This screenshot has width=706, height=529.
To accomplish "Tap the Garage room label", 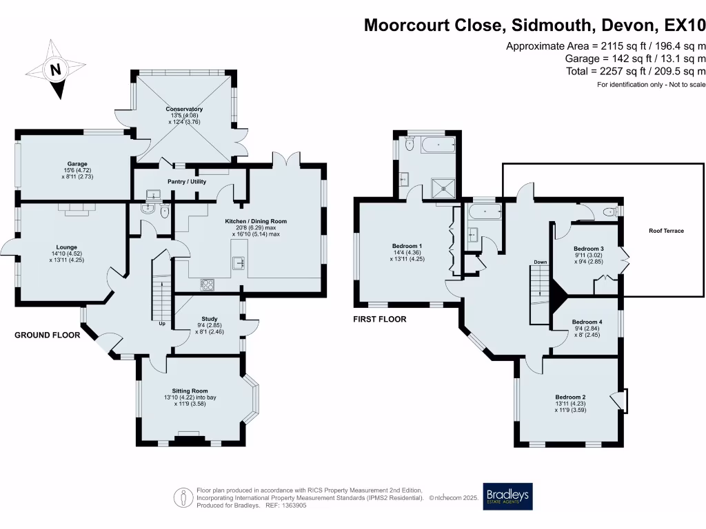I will click(x=77, y=164).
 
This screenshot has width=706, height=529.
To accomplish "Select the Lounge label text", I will click(x=67, y=247).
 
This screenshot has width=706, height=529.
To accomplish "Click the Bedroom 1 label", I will click(x=407, y=246).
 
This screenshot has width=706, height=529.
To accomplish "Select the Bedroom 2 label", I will click(x=570, y=397).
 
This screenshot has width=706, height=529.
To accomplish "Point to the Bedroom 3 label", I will click(x=588, y=249).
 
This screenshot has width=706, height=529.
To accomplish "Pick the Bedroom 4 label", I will click(x=587, y=322).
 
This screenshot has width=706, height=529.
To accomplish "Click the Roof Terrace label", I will click(x=666, y=231).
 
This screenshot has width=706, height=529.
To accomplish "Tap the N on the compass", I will click(x=53, y=69).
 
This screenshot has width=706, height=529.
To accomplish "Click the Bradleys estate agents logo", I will click(x=507, y=496).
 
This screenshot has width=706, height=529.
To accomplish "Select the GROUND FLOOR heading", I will click(x=48, y=335).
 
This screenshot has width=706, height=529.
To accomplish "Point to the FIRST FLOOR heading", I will click(x=380, y=319).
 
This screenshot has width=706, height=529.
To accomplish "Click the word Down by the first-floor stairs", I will click(x=540, y=262).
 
